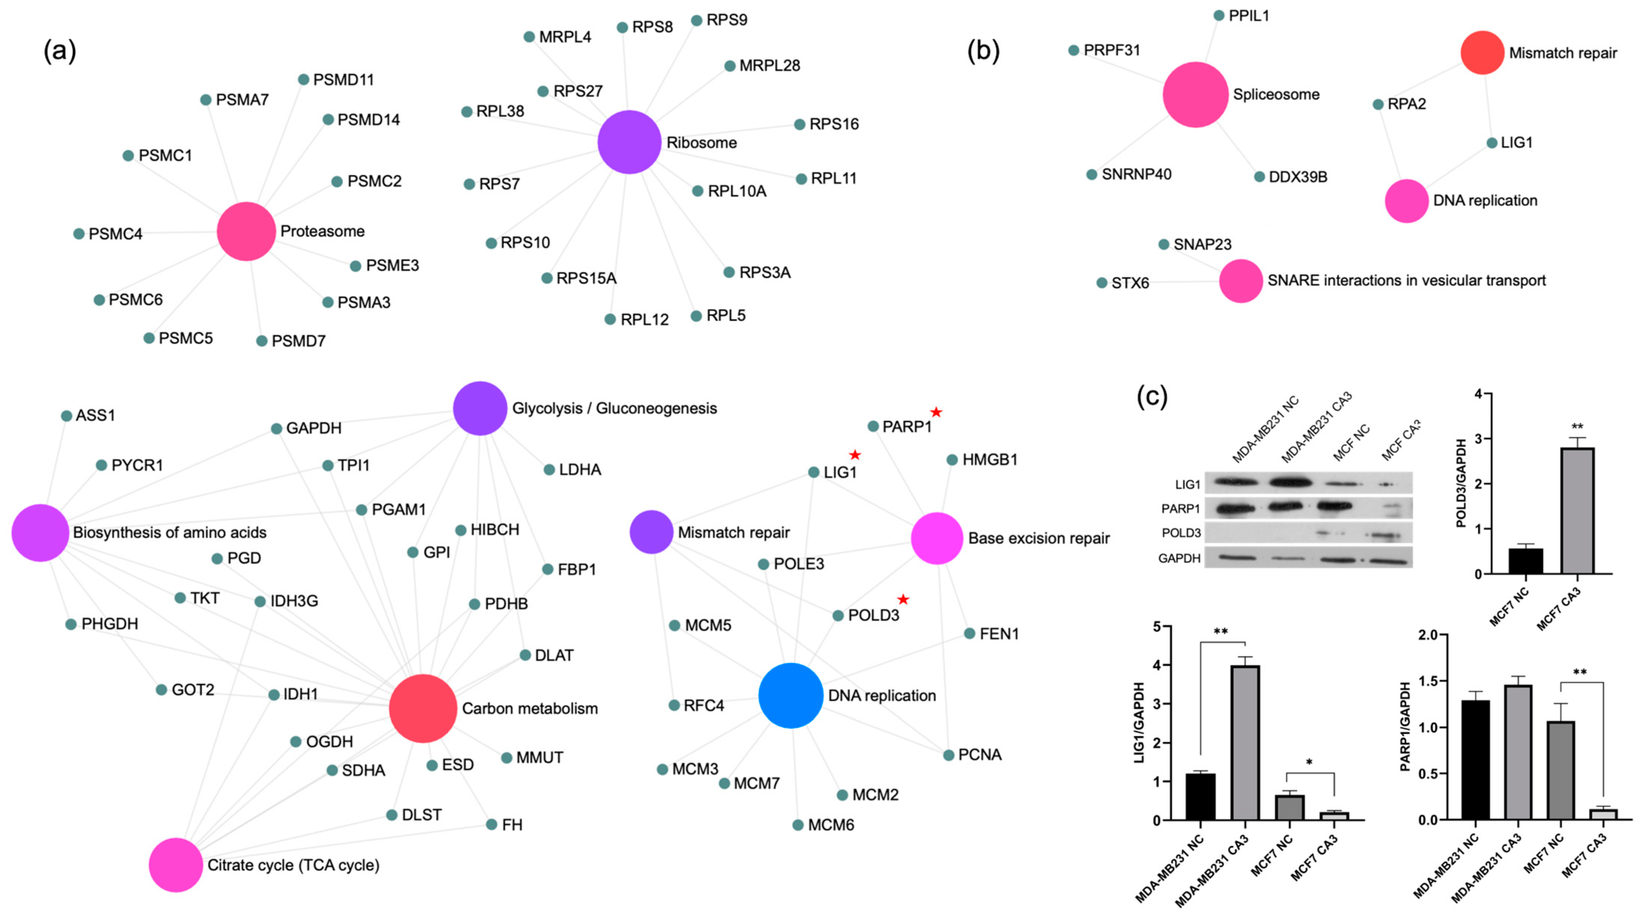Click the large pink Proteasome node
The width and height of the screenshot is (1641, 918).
tap(246, 231)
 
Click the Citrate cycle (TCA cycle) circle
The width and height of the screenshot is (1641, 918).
tap(176, 864)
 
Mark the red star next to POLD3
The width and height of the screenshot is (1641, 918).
tap(903, 600)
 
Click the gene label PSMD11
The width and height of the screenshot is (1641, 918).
tap(343, 79)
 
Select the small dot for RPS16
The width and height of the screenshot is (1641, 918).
tap(799, 124)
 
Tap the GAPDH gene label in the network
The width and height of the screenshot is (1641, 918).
tap(314, 428)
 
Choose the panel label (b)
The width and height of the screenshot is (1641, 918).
tap(983, 51)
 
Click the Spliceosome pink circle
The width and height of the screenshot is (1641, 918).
tap(1195, 94)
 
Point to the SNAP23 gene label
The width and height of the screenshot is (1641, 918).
tap(1202, 244)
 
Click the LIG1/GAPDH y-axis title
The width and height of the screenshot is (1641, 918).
tap(1139, 722)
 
